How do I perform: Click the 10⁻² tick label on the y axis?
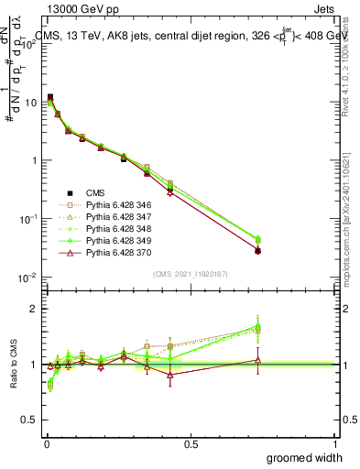[28, 278]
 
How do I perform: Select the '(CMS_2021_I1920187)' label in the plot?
[191, 273]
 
